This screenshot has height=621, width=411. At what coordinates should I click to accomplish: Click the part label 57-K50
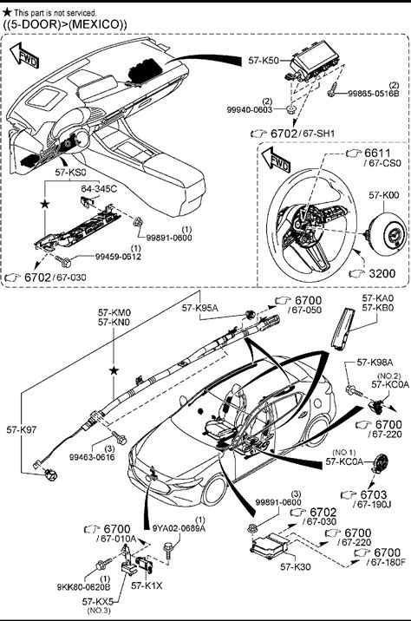click(264, 61)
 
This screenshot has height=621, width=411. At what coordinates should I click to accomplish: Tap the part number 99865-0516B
click(374, 94)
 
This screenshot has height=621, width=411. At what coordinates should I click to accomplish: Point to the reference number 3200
click(382, 273)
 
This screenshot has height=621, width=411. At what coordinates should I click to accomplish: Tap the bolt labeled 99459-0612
click(63, 260)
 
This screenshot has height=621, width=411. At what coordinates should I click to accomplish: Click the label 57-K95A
click(200, 308)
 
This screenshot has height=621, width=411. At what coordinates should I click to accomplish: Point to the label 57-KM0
click(114, 312)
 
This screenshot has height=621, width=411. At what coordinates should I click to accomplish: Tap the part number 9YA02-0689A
click(179, 528)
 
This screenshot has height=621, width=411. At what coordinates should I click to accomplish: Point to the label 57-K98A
click(375, 362)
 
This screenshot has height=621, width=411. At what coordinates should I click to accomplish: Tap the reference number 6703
click(374, 494)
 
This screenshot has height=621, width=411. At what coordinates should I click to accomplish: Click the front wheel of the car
click(215, 491)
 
